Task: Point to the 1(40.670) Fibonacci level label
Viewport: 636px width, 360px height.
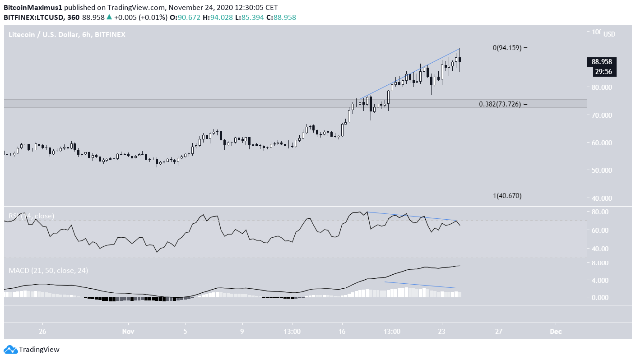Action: (507, 196)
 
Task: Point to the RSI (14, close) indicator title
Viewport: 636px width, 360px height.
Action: (31, 216)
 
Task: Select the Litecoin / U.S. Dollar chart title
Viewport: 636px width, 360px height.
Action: (67, 34)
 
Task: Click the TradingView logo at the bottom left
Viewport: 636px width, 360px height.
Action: (32, 349)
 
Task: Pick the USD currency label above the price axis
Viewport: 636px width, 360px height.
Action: (609, 34)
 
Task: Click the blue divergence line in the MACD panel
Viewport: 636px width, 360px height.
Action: (420, 285)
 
